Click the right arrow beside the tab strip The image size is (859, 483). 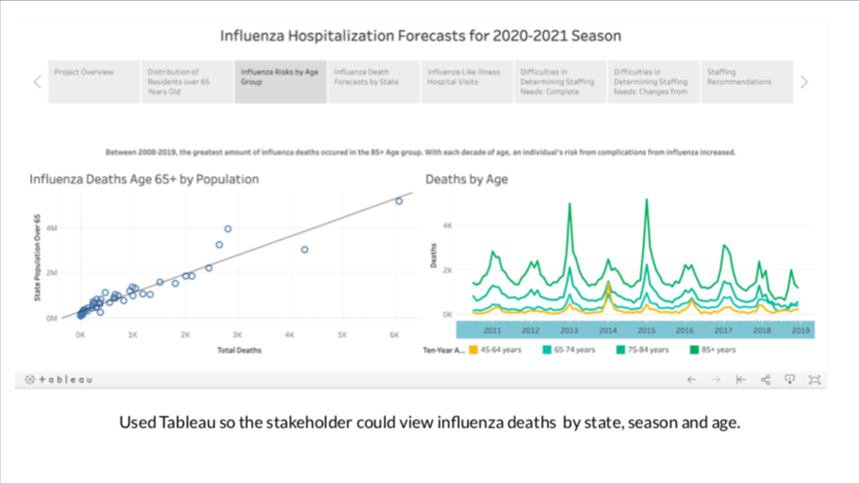[805, 83]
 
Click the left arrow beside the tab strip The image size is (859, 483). [38, 83]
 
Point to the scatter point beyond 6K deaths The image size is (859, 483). [399, 201]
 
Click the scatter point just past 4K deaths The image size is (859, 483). [304, 250]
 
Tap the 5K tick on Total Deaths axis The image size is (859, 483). [342, 333]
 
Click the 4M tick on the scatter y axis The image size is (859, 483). [52, 227]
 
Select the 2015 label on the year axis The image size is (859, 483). [646, 330]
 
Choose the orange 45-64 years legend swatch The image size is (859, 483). [474, 350]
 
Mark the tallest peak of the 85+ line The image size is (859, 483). [647, 199]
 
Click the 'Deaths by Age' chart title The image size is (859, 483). [467, 179]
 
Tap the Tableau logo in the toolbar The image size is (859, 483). [58, 379]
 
